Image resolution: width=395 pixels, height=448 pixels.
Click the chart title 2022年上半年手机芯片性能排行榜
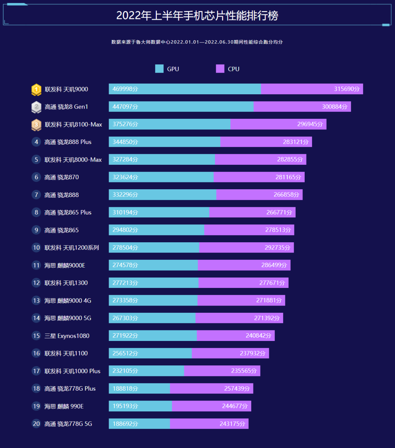(x=197, y=16)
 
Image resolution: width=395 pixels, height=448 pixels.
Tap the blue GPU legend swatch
(x=159, y=69)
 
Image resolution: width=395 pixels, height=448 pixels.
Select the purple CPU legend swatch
(x=220, y=69)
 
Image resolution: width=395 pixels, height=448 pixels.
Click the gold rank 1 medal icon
(x=36, y=89)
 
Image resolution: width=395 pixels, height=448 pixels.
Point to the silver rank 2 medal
(x=36, y=107)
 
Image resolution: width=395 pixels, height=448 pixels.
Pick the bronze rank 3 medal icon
(x=36, y=125)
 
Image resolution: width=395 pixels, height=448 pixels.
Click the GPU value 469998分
(x=125, y=89)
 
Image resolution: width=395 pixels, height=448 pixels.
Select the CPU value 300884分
(x=334, y=107)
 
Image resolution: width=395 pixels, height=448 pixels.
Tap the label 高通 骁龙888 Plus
(x=68, y=142)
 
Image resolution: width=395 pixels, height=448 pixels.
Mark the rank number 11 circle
(x=36, y=265)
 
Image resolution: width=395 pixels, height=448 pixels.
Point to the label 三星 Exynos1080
(x=67, y=336)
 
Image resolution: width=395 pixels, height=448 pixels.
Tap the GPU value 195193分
(x=125, y=406)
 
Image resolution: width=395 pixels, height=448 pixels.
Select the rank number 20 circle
(x=36, y=424)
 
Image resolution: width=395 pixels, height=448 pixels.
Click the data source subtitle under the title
(x=197, y=42)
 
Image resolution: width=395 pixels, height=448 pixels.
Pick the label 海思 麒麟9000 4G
(x=68, y=301)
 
